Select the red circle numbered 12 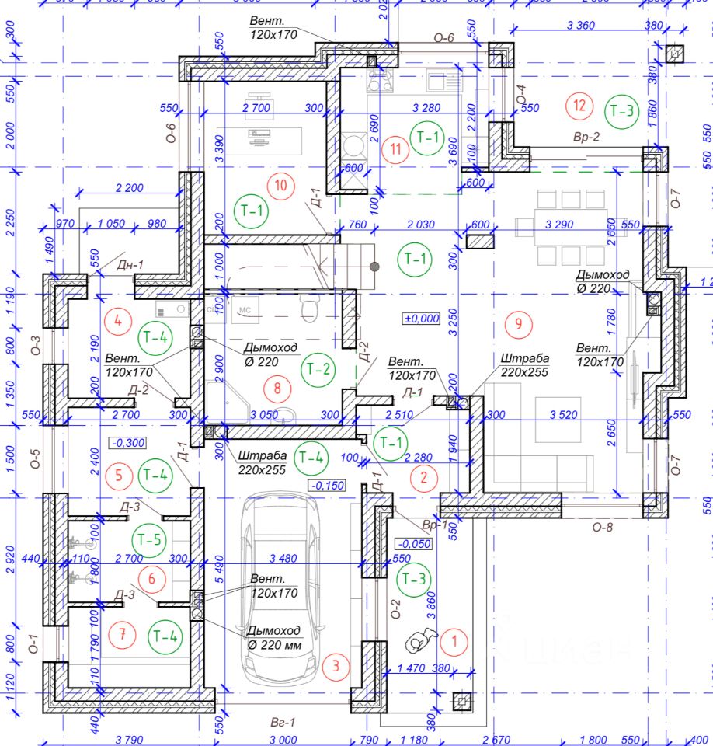579,105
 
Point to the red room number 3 336,665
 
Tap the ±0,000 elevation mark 421,318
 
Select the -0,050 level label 413,543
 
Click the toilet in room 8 310,309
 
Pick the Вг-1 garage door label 283,723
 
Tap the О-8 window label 603,527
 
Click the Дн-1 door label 130,265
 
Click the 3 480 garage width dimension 283,558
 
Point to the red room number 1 454,642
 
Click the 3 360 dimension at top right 581,26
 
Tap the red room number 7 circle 122,635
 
